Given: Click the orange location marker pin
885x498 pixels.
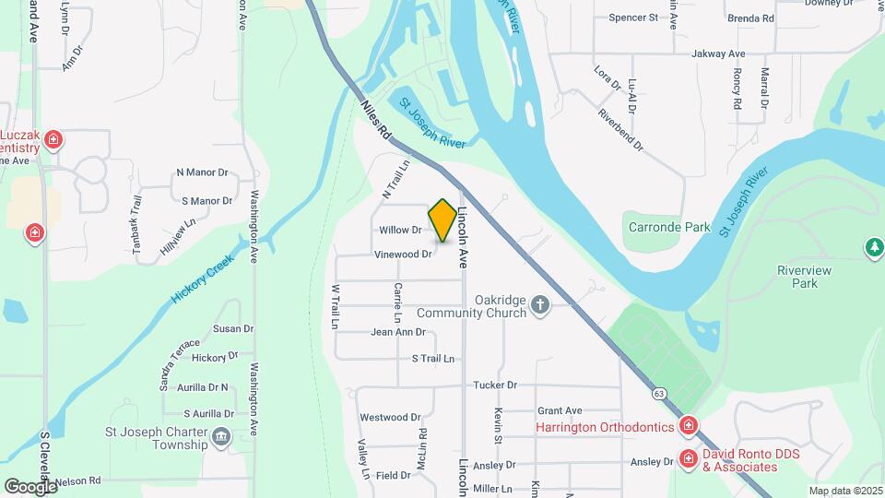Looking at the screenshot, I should pyautogui.click(x=442, y=220).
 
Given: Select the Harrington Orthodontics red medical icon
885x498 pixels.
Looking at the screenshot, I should pyautogui.click(x=688, y=426).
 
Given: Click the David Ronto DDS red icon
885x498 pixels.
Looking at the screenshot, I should pyautogui.click(x=688, y=458).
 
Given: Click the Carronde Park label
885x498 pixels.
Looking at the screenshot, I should pyautogui.click(x=669, y=227).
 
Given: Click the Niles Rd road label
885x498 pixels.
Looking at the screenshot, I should pyautogui.click(x=376, y=120).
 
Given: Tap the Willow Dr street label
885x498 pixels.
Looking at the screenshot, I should pyautogui.click(x=400, y=230).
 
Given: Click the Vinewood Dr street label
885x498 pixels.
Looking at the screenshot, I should pyautogui.click(x=403, y=255).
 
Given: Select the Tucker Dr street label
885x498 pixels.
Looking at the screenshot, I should pyautogui.click(x=495, y=385).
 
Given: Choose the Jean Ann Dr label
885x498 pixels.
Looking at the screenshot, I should pyautogui.click(x=397, y=332).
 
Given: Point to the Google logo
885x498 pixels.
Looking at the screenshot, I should pyautogui.click(x=30, y=486).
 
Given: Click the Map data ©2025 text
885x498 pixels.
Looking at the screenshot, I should pyautogui.click(x=844, y=491).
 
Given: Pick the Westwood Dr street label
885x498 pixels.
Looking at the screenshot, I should pyautogui.click(x=390, y=418).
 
